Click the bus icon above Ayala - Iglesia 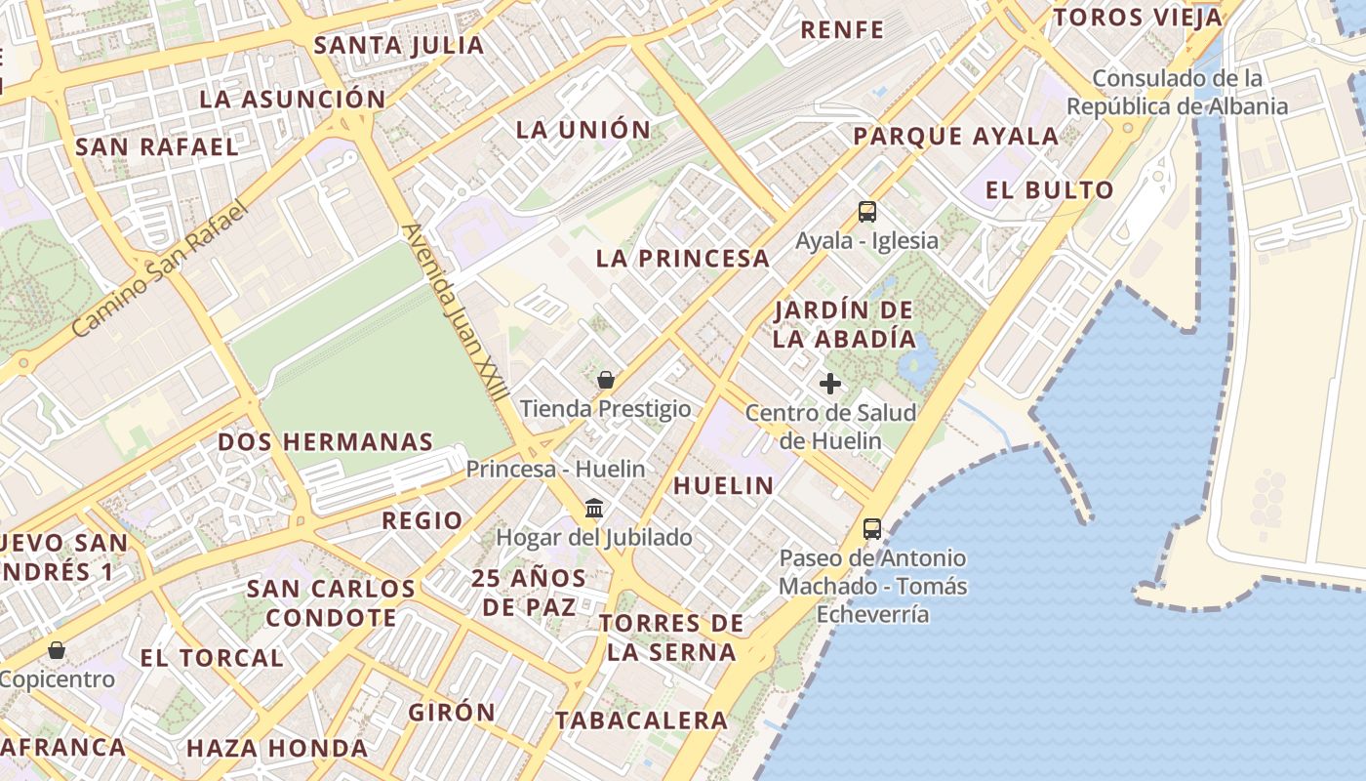(866, 211)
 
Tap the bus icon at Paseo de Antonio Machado (872, 529)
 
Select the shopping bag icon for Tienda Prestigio (606, 380)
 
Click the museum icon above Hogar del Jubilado (593, 509)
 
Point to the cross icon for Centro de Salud (830, 384)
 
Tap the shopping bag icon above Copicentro (58, 650)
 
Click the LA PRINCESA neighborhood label (683, 259)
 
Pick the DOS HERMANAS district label (325, 441)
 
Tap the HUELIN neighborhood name (723, 485)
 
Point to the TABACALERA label (641, 720)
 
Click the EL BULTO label (1049, 190)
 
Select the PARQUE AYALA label (956, 136)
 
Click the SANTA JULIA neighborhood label (399, 45)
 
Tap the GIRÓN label (452, 713)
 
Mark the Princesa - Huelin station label (555, 469)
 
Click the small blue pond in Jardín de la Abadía (916, 364)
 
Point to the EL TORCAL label (212, 658)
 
